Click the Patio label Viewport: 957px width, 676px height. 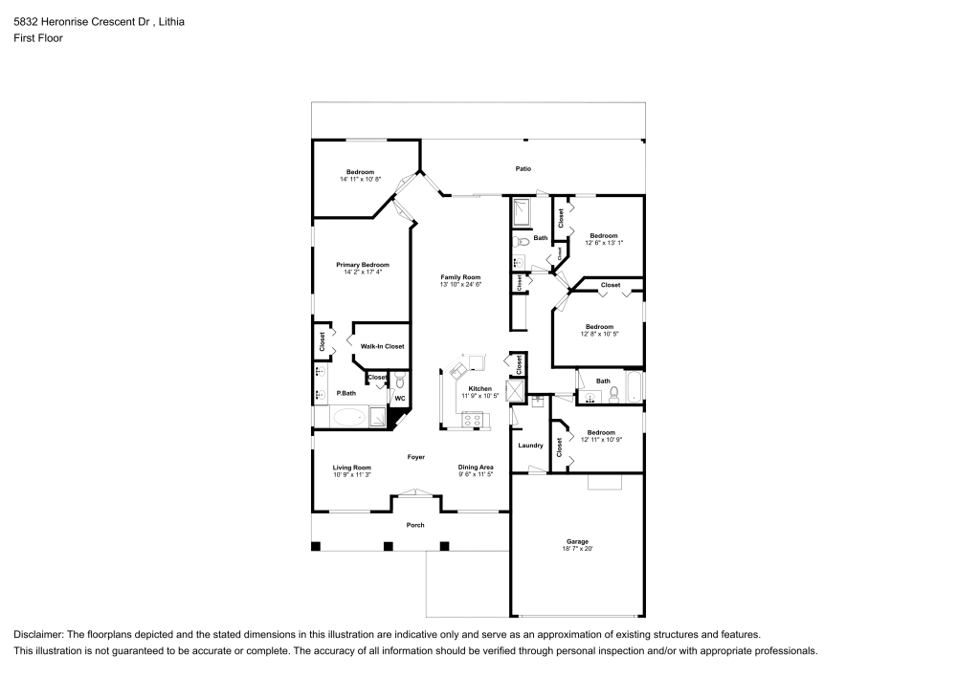523,168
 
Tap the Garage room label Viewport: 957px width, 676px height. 577,541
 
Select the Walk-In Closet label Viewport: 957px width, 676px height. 382,346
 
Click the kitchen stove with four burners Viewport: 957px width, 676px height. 474,418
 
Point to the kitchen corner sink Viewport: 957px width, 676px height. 456,368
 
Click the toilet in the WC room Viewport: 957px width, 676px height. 400,382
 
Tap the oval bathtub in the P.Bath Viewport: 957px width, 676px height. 347,417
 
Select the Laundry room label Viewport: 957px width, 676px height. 530,446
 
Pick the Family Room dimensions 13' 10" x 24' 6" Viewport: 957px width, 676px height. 459,284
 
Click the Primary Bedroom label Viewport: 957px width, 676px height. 363,265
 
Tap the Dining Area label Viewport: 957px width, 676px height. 476,467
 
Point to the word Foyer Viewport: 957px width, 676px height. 415,457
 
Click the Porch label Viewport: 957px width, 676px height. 415,525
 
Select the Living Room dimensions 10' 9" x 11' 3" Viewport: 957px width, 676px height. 351,474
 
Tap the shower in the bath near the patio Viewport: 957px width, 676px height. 524,211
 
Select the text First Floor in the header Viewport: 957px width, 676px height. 38,38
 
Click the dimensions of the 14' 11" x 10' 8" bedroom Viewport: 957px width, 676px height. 360,179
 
